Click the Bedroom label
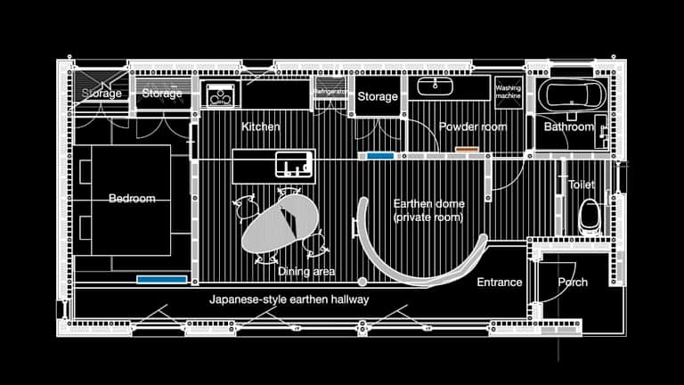coord(132,198)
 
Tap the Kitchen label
coord(261,127)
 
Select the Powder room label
coord(472,127)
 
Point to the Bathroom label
coord(569,127)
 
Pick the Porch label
coord(573,283)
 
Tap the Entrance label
coord(499,283)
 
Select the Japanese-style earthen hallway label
coord(289,299)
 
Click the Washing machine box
coord(508,89)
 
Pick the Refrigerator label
coord(328,91)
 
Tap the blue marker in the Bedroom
coord(162,279)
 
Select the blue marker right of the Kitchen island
coord(380,156)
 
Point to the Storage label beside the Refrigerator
coord(378,96)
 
